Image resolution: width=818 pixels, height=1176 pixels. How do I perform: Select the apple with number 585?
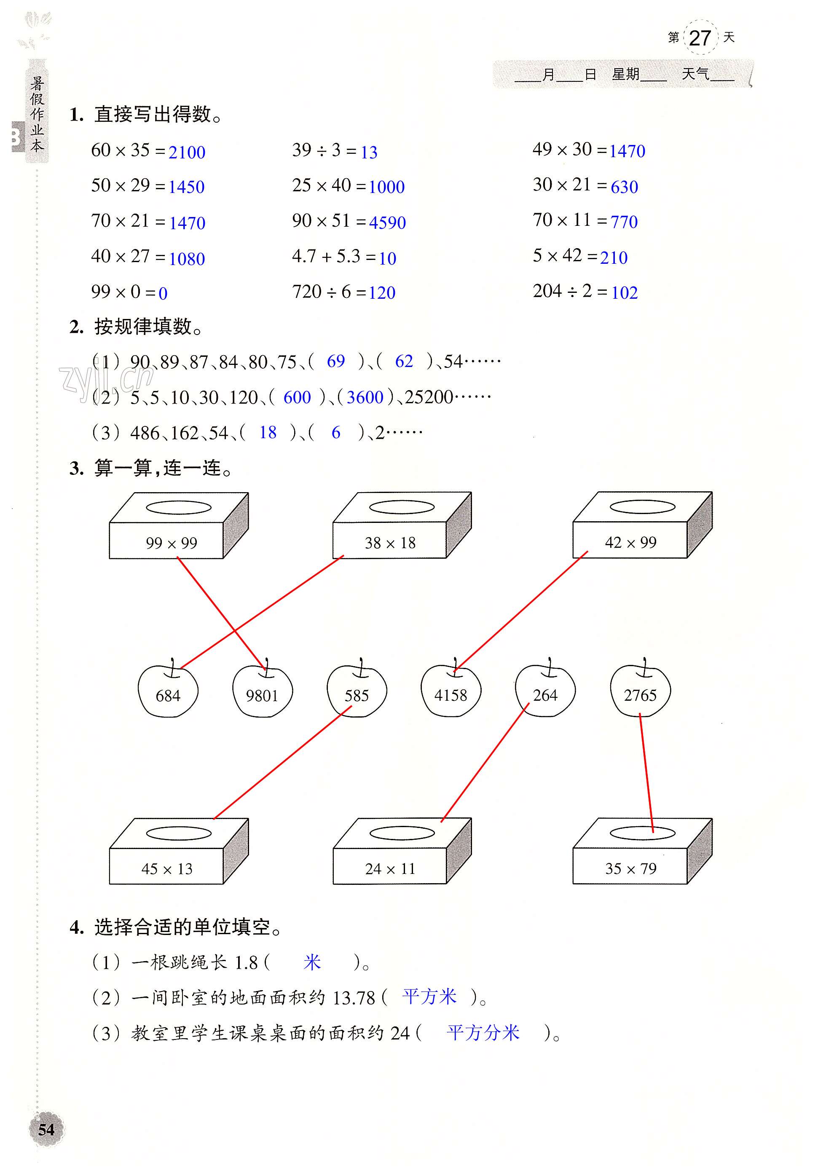tap(357, 691)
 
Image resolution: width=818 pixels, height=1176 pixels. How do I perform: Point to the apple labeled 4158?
tap(451, 691)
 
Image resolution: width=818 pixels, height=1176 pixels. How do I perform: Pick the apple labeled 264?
tap(545, 691)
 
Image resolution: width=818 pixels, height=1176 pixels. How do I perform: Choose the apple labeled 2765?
tap(640, 691)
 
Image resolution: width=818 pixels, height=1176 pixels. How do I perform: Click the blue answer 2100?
tap(187, 152)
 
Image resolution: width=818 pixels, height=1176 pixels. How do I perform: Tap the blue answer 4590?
tap(387, 222)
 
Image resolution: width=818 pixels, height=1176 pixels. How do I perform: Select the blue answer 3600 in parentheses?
tap(365, 397)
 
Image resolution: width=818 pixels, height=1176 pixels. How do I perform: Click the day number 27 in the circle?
tap(700, 38)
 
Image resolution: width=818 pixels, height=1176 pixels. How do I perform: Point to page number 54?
tap(46, 1129)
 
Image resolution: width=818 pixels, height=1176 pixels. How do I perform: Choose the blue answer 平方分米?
tap(483, 1032)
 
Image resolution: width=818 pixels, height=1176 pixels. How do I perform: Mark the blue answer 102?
tap(625, 292)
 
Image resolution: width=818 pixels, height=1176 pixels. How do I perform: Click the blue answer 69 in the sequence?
tap(335, 361)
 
